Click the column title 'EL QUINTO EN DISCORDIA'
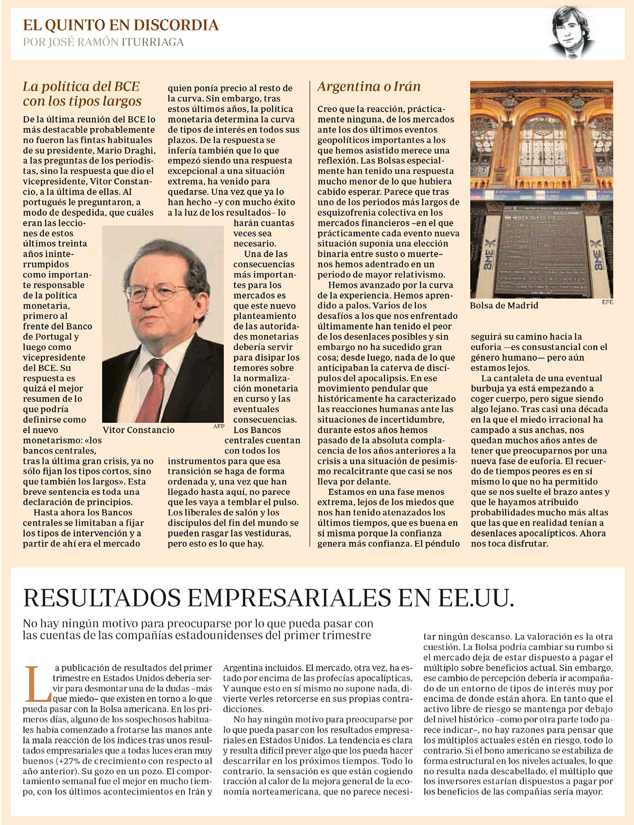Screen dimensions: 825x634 [x=120, y=25]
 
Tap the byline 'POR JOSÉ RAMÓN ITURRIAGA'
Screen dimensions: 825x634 [x=104, y=42]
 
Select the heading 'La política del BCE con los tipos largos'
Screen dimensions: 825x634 [x=82, y=94]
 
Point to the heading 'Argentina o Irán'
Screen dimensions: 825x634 [x=369, y=87]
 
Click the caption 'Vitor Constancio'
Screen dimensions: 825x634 [x=138, y=430]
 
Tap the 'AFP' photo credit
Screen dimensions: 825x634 [x=218, y=426]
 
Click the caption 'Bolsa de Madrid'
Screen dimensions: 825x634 [x=504, y=305]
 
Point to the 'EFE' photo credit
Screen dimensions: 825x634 [x=608, y=303]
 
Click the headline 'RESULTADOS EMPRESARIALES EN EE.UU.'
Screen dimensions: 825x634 [x=268, y=598]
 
